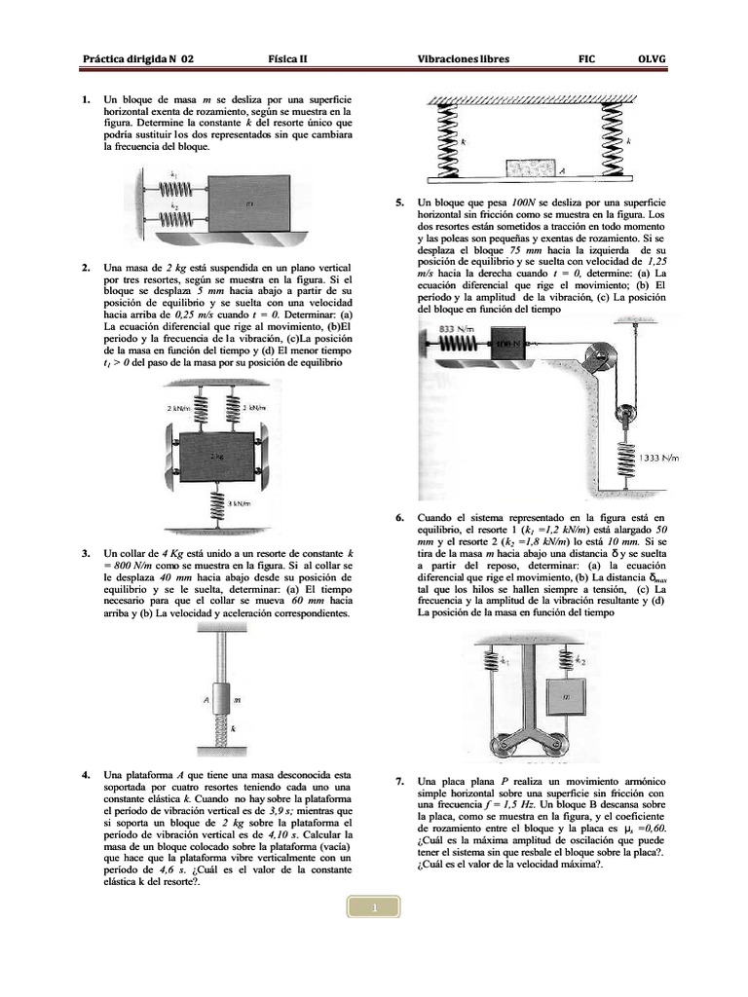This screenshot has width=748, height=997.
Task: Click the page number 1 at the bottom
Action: point(373,906)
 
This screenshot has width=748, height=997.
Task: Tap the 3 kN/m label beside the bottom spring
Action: point(240,503)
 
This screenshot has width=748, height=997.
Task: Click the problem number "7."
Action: point(400,782)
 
